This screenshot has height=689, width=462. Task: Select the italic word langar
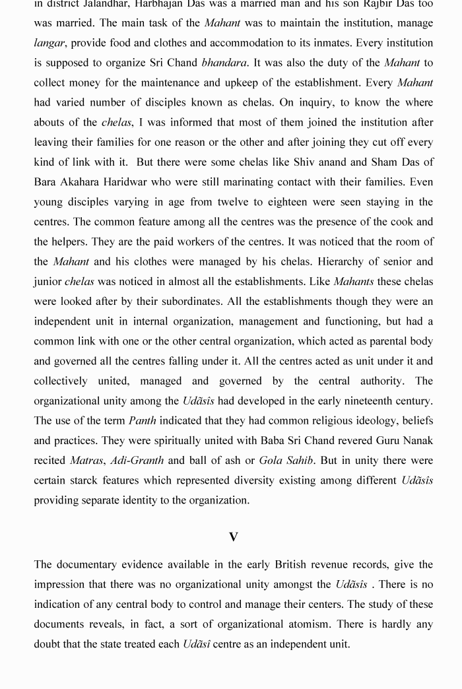coord(49,43)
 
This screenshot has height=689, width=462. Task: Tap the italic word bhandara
coord(224,63)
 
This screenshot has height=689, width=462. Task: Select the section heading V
coord(233,537)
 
